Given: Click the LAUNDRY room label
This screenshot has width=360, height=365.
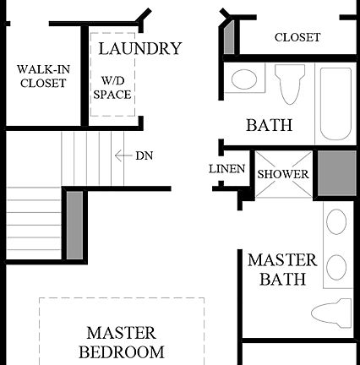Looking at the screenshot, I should (x=139, y=48).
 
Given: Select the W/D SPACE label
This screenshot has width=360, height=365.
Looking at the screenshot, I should (x=112, y=87).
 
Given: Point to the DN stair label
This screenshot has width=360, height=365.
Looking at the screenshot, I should (x=144, y=155).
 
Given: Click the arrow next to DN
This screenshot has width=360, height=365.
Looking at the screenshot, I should (x=122, y=155).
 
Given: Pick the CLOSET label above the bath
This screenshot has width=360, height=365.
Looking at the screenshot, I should (x=297, y=37).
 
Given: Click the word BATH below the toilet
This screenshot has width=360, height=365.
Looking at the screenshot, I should (x=269, y=126).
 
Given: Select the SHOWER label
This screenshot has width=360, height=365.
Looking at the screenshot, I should (x=283, y=174).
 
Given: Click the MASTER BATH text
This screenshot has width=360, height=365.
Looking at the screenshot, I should (x=282, y=270).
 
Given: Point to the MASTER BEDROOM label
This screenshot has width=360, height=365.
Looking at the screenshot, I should (x=124, y=341).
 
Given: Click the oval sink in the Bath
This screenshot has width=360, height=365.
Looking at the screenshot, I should (x=245, y=80).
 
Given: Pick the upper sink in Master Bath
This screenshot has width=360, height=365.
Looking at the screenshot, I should (x=335, y=226).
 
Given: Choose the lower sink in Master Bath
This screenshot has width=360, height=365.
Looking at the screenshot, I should (x=335, y=267).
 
